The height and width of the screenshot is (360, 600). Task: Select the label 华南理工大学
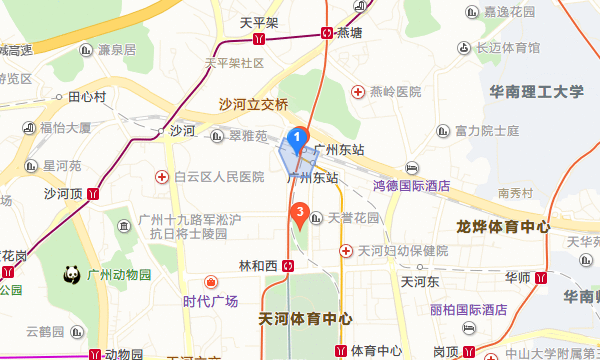(537, 92)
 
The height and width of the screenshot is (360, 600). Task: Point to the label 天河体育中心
(305, 319)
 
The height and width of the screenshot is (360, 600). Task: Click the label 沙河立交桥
(254, 104)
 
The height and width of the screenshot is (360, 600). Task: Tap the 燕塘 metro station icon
(328, 31)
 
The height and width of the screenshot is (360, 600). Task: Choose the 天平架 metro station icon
(260, 39)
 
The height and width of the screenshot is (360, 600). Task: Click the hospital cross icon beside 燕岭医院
(357, 91)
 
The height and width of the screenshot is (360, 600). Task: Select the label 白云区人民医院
(218, 177)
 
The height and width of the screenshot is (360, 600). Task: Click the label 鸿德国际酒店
(411, 185)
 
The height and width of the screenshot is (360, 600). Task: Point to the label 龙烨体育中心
(503, 226)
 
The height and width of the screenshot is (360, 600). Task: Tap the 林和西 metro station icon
(288, 265)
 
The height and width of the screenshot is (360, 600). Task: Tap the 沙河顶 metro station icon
(93, 193)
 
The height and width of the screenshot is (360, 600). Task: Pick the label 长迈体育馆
(507, 47)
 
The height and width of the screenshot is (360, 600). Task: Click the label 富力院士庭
(487, 131)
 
